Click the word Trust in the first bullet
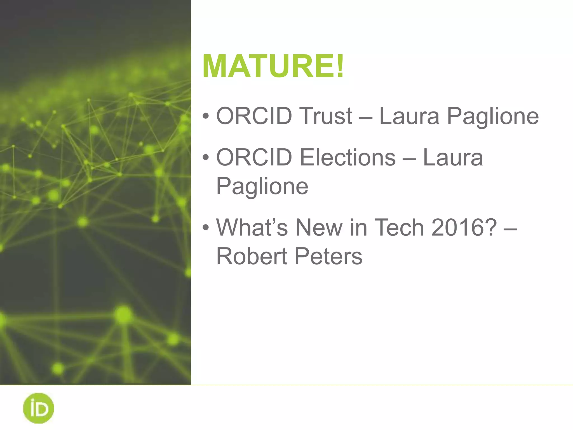point(326,116)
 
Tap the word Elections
point(348,158)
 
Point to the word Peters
point(328,256)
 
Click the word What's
point(252,228)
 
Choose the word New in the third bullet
point(319,228)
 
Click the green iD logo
point(38,408)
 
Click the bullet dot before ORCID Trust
point(206,116)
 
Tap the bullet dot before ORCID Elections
point(206,158)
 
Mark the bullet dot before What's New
point(206,228)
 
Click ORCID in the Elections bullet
point(254,158)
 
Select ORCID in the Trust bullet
point(254,116)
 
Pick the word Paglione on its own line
point(262,186)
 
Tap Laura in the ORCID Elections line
point(453,158)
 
